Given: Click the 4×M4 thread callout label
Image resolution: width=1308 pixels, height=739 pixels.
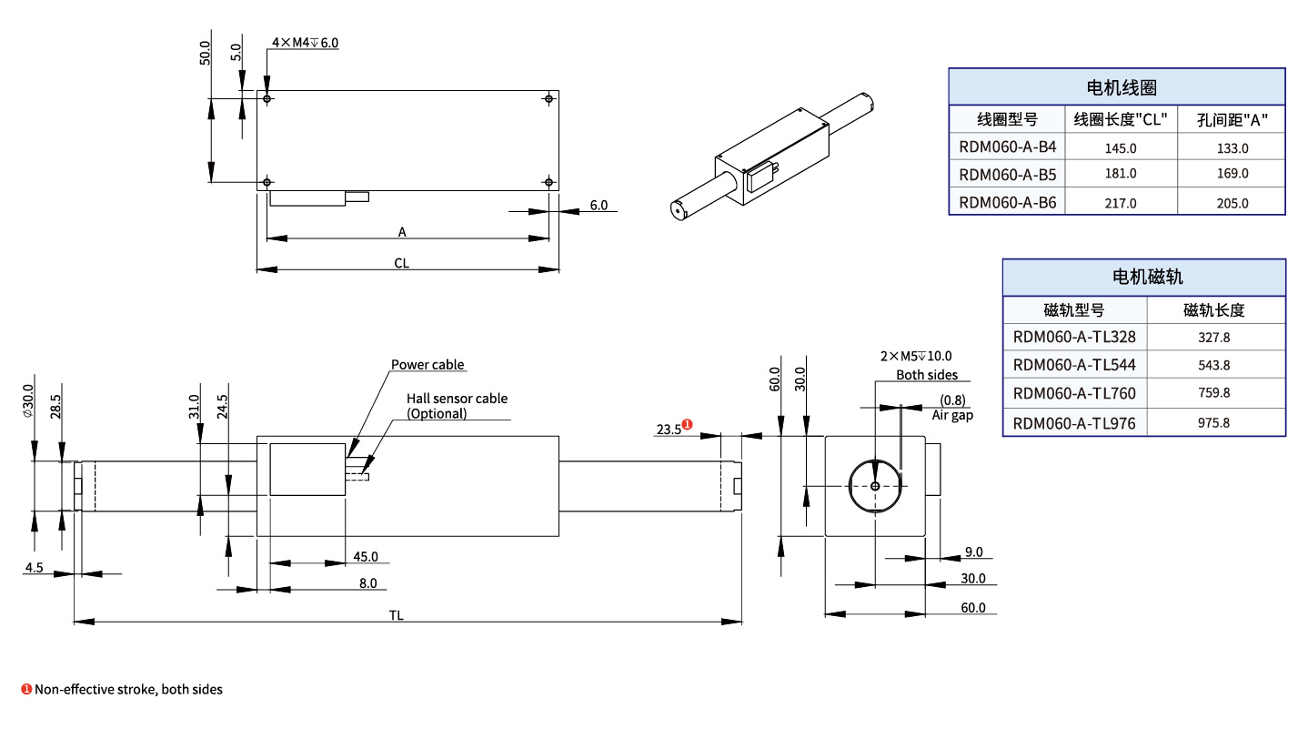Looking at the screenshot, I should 305,43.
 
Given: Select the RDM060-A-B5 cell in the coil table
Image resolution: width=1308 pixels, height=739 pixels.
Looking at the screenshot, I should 1007,174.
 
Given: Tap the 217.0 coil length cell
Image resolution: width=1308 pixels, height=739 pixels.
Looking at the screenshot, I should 1120,203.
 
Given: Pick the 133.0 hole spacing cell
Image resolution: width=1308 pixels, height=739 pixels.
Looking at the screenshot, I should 1233,147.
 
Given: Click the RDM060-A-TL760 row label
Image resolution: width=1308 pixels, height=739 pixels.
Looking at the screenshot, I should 1074,394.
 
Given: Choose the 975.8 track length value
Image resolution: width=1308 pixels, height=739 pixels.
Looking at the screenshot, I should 1213,423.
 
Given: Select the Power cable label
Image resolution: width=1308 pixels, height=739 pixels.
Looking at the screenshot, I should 428,365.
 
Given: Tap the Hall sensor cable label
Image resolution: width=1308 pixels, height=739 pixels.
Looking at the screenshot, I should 457,399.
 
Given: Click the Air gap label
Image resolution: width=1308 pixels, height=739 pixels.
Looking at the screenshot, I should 952,415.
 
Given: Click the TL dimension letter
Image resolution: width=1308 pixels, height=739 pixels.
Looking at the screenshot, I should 397,615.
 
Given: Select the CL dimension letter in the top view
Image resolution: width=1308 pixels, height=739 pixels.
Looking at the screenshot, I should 401,263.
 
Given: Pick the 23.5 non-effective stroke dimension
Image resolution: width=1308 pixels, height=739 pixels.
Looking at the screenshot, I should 668,429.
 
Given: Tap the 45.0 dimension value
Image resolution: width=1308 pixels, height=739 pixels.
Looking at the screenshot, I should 366,557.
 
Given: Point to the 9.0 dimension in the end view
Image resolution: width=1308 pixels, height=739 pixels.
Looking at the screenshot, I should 973,552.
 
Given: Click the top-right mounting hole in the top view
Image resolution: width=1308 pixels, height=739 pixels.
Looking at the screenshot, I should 548,98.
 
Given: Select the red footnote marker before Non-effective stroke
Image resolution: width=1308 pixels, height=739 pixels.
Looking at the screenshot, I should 26,689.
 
